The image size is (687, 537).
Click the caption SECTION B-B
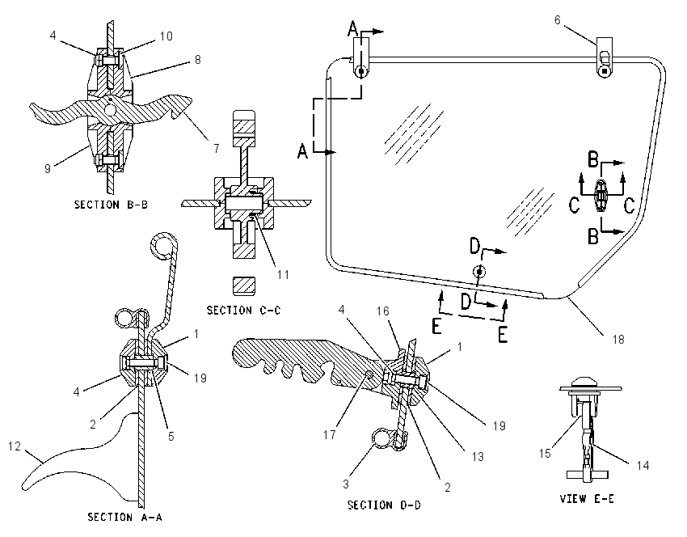tap(111, 205)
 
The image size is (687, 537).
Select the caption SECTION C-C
tap(243, 311)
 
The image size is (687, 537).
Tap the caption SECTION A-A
tap(124, 518)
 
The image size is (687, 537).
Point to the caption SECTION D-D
tap(384, 505)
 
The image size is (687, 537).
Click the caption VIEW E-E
tap(587, 499)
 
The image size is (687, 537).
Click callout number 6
tap(558, 20)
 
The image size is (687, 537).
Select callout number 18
tap(618, 340)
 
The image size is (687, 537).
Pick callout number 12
tap(15, 446)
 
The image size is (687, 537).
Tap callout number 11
tap(283, 275)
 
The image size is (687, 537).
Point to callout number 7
tap(217, 149)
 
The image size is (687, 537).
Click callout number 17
tap(330, 435)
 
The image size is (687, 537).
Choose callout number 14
tap(643, 466)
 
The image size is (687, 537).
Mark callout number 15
tap(545, 453)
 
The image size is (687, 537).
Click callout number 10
tap(166, 36)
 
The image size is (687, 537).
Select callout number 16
tap(383, 311)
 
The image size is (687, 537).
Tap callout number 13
tap(478, 457)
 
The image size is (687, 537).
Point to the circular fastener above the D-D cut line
tap(480, 272)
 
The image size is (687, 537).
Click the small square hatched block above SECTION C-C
tap(244, 285)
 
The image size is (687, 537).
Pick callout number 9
tap(48, 168)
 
